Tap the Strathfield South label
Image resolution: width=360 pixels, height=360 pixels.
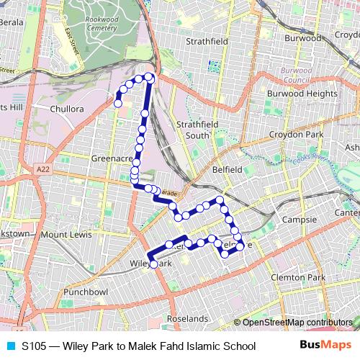(197, 130)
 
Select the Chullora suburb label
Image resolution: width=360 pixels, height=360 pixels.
(68, 109)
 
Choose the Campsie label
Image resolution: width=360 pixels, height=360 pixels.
(300, 220)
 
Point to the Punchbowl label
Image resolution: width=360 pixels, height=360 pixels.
(85, 292)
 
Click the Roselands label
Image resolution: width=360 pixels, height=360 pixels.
(187, 318)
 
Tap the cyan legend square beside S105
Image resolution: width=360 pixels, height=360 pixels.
(9, 346)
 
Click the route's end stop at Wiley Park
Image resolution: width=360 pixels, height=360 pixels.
(153, 265)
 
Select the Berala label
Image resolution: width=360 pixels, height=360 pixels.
(12, 22)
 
